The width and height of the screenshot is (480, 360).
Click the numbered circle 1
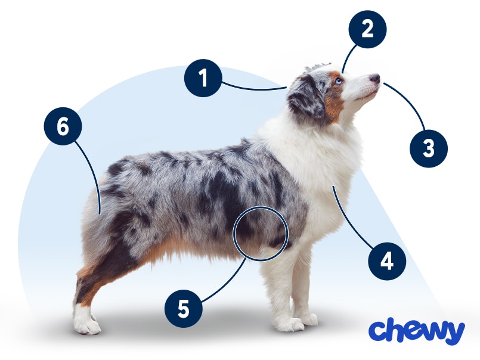[203, 78]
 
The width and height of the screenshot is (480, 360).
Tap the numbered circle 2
[367, 28]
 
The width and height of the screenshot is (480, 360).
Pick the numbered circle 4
[386, 260]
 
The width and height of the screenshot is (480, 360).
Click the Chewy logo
[416, 331]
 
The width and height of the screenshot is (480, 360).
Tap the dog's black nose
[374, 78]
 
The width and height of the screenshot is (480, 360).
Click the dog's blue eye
[338, 80]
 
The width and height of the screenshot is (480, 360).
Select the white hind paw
[85, 322]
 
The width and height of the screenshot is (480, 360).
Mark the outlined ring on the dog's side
[261, 233]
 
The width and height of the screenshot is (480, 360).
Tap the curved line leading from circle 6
[95, 173]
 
